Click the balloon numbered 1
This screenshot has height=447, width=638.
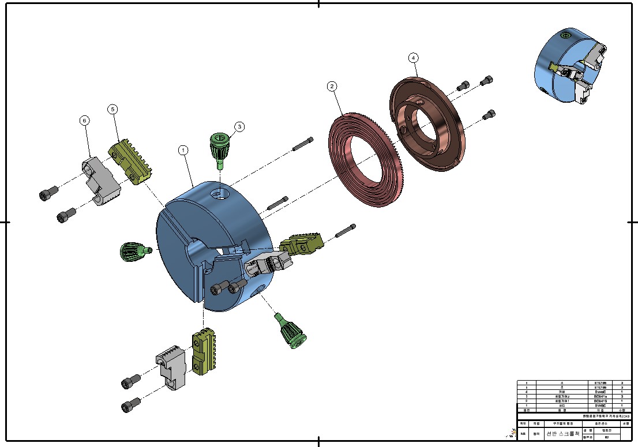[183, 150]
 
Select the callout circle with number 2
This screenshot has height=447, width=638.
[332, 87]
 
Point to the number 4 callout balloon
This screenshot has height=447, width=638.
[413, 58]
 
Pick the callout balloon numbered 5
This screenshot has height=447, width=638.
[113, 108]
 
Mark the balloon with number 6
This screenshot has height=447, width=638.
[85, 120]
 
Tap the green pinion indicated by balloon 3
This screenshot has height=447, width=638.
[220, 149]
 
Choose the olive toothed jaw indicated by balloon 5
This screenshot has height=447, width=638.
[131, 161]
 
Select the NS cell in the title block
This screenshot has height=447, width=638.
[523, 434]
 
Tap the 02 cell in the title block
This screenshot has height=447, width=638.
[606, 438]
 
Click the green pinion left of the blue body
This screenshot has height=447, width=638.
[132, 251]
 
